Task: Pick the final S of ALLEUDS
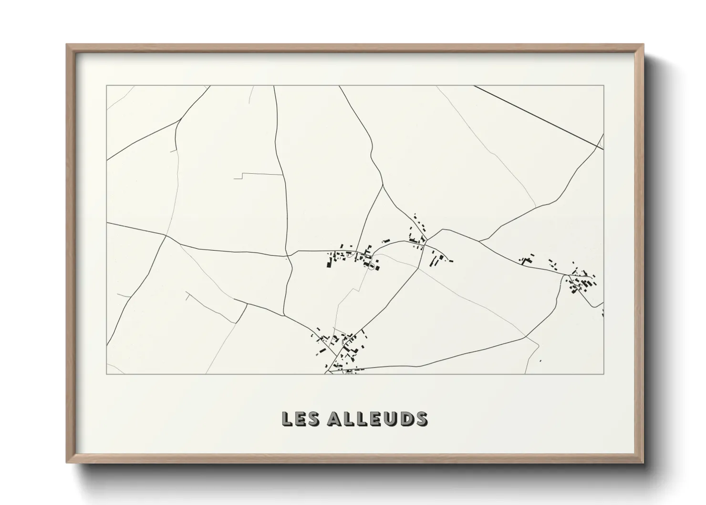pos(422,419)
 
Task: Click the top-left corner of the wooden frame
pos(67,45)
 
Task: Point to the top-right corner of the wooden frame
pos(643,45)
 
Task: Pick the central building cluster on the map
pos(353,256)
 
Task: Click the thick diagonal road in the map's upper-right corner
pos(539,117)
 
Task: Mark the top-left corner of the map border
pos(106,86)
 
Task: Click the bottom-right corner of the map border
pos(603,374)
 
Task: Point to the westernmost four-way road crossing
pos(166,235)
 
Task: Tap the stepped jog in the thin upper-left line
pos(242,176)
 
